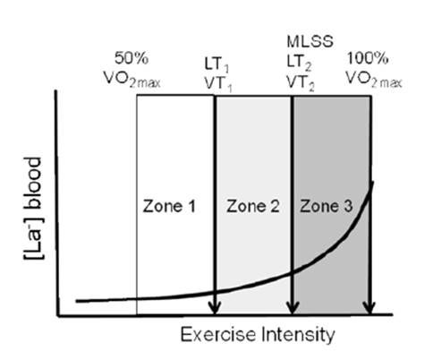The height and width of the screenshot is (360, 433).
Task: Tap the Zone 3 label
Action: [x=325, y=206]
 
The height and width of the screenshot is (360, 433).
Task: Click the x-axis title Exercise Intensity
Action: [x=258, y=335]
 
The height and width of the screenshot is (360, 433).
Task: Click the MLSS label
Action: [x=293, y=41]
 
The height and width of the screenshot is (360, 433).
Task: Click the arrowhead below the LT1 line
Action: [x=215, y=309]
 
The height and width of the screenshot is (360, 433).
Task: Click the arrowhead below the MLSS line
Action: [x=293, y=309]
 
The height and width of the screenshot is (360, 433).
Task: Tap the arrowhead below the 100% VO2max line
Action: [x=370, y=309]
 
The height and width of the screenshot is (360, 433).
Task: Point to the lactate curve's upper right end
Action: [x=371, y=184]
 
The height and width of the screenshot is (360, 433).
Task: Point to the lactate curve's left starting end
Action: [x=79, y=300]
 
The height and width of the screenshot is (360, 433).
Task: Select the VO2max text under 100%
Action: [x=374, y=82]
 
